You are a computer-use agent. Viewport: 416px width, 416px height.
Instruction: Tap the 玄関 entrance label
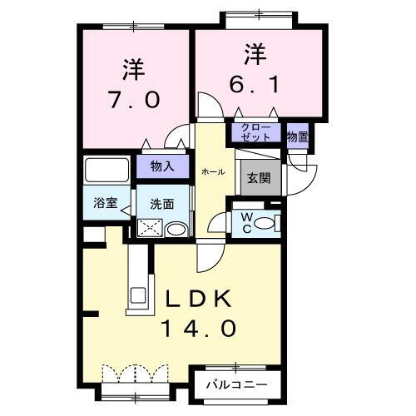[256, 177]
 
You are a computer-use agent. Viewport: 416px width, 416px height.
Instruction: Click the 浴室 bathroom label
[104, 202]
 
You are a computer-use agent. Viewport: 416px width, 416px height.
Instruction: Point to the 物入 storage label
[161, 166]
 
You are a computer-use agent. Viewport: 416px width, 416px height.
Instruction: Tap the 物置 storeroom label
[297, 136]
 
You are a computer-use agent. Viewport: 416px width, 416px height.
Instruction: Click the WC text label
[248, 222]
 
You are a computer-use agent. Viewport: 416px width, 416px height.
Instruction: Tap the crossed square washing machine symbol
[151, 226]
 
